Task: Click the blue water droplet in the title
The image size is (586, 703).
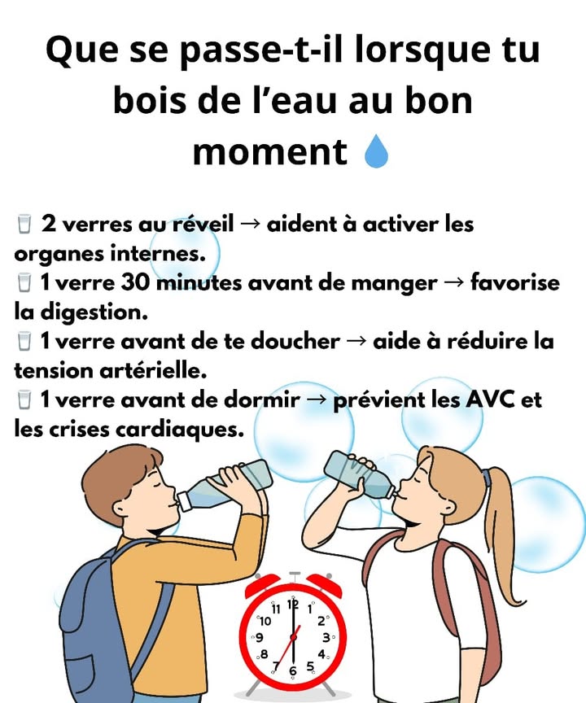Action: coord(376,151)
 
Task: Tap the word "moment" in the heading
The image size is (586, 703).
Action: coord(269,151)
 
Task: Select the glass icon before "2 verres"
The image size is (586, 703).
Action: coord(24,224)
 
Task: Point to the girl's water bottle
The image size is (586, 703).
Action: coord(358,474)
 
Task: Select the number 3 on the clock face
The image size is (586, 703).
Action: coord(326,637)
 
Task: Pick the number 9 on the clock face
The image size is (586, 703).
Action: coord(260,638)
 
